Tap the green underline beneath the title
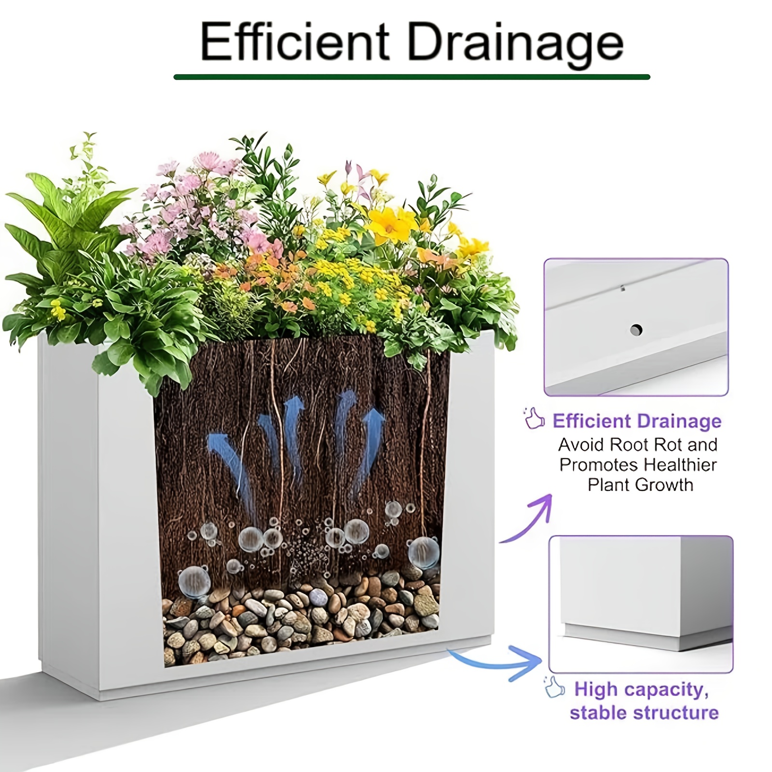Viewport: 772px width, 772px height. [x=412, y=77]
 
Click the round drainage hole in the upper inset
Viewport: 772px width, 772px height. [x=636, y=331]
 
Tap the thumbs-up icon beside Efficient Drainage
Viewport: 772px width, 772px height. [x=534, y=418]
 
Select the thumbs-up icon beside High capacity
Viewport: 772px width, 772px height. [x=554, y=687]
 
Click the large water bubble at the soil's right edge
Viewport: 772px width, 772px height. [x=424, y=552]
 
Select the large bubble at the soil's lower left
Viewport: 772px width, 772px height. [x=194, y=581]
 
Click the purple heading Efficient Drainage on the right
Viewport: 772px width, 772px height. [x=637, y=421]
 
